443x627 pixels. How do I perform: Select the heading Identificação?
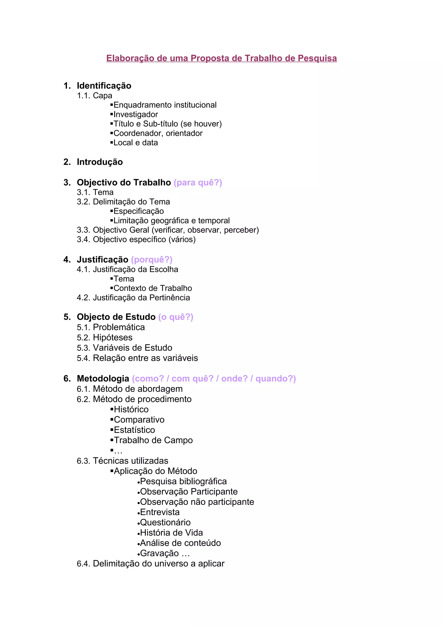(104, 86)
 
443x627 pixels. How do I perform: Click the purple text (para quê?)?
(198, 182)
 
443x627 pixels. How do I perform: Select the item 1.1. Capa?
(95, 96)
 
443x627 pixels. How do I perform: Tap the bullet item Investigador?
(135, 114)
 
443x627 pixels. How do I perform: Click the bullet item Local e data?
(135, 143)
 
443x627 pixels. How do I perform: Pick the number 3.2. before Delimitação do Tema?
(83, 202)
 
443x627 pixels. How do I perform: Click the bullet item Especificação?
(138, 211)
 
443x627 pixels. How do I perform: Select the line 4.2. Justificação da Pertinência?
(133, 298)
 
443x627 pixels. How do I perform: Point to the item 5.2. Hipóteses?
(104, 338)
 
